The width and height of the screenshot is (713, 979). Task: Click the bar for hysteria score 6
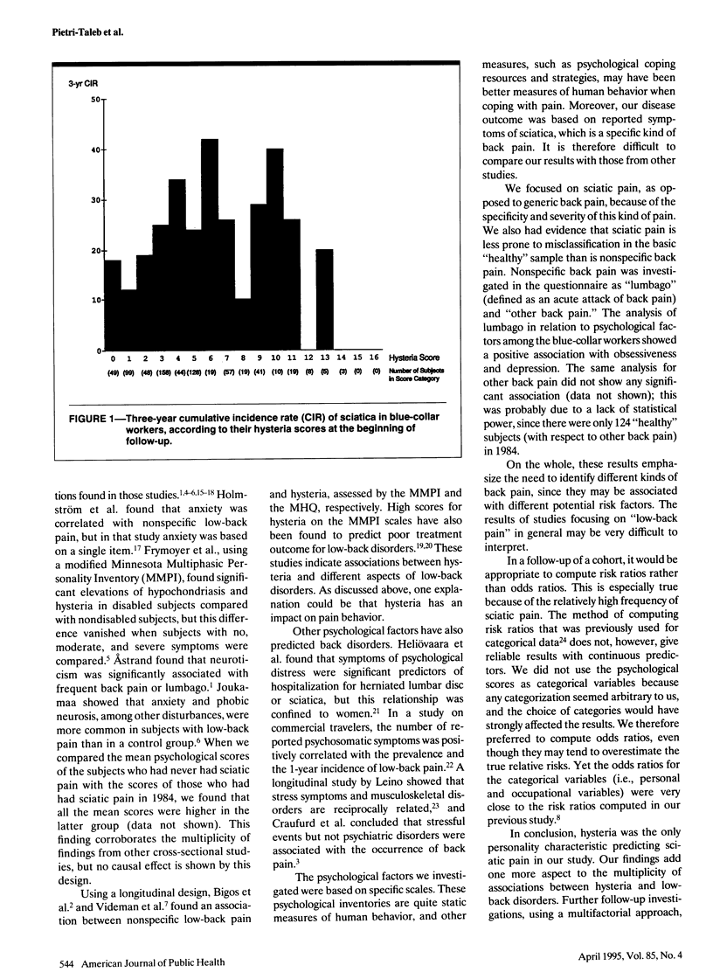210,245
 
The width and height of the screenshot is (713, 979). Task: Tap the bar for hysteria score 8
242,324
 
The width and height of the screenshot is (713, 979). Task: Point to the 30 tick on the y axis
93,200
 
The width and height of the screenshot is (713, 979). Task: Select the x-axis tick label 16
375,358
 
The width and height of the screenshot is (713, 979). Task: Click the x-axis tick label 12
308,358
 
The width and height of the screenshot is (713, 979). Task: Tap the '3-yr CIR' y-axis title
83,84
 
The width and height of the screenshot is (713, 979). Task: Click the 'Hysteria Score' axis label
415,358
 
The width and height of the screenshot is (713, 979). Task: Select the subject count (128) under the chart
193,372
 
